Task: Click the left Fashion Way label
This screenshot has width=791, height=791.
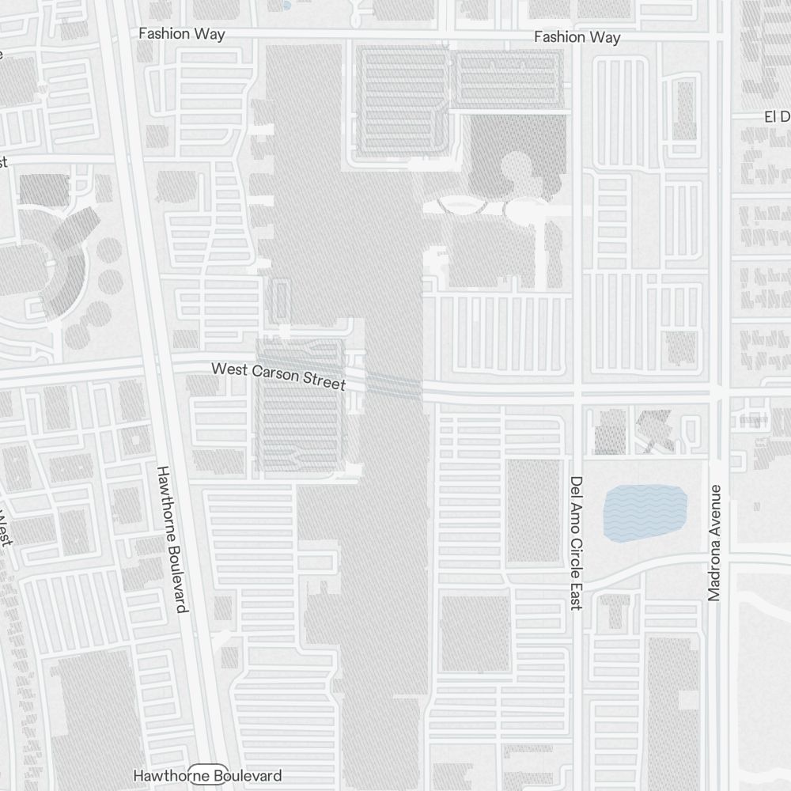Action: (x=181, y=34)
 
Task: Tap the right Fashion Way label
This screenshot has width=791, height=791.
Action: (x=577, y=37)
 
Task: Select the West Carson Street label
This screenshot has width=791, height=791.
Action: (x=278, y=376)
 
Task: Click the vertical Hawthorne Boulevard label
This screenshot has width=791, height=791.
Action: (x=172, y=539)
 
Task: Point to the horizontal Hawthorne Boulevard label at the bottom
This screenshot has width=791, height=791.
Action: (x=207, y=776)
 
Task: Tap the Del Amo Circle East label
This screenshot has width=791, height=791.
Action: (x=576, y=543)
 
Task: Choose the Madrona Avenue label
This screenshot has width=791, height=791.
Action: (x=715, y=543)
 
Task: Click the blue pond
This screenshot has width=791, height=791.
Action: (x=645, y=513)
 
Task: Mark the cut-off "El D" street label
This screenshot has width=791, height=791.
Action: (x=777, y=117)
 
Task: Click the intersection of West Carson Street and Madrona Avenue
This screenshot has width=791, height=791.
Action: (x=718, y=393)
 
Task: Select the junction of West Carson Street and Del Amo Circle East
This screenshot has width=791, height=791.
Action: (x=577, y=393)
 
